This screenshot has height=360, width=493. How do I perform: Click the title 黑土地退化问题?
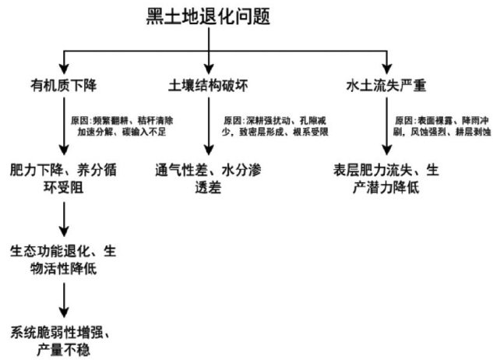210,16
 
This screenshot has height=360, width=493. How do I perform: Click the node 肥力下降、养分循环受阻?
63,177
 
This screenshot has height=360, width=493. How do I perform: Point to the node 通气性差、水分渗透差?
209,177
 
